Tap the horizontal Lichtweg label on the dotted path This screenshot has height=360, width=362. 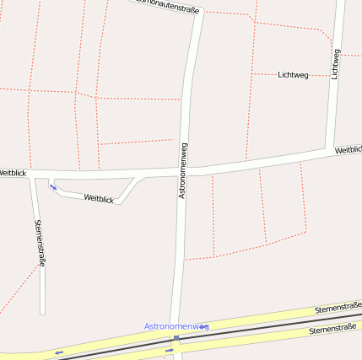tap(293, 75)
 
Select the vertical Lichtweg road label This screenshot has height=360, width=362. tap(335, 64)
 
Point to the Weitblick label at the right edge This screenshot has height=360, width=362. tap(348, 150)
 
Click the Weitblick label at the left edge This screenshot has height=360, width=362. tap(12, 172)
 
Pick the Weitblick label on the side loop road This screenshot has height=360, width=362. tap(99, 199)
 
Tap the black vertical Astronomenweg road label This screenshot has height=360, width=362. tap(183, 170)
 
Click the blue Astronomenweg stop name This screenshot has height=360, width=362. tap(176, 325)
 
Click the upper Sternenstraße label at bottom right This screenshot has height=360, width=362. tap(338, 308)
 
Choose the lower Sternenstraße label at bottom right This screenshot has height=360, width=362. tap(332, 330)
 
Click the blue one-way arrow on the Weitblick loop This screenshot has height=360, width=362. tap(53, 187)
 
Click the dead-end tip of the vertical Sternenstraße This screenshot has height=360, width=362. tap(42, 313)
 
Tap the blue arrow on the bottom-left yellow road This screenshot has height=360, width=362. tap(58, 352)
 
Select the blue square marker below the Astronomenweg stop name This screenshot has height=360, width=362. tap(176, 338)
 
